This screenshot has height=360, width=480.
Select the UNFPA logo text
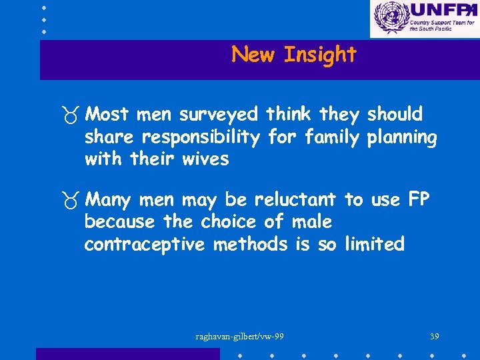(443, 10)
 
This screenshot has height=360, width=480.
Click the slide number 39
(435, 336)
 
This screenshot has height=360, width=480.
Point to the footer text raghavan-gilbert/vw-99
(240, 336)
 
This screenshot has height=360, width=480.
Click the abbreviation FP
(419, 199)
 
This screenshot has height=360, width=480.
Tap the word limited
(374, 245)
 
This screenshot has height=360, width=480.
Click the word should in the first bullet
(395, 115)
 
